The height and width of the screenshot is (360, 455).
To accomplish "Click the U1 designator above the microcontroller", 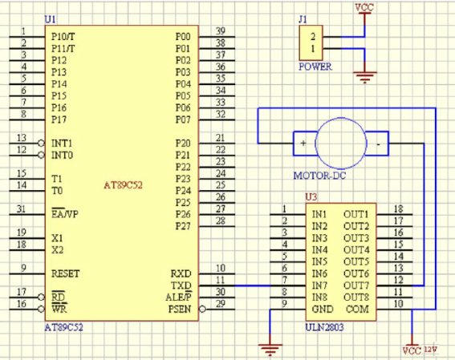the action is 50,19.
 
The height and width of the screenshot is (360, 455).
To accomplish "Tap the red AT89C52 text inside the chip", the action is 124,185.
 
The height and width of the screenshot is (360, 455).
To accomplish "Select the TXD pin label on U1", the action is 181,285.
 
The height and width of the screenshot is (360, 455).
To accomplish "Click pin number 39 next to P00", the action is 221,30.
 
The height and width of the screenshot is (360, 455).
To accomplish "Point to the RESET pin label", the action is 65,273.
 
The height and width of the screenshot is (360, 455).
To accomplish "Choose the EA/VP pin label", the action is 65,214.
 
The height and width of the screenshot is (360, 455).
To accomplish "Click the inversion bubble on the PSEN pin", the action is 202,309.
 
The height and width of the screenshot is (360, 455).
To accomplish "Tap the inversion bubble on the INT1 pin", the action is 41,144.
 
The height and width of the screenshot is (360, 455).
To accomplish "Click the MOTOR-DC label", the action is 319,176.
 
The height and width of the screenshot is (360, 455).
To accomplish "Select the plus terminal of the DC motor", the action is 303,144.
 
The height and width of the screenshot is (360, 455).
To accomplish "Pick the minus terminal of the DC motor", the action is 378,144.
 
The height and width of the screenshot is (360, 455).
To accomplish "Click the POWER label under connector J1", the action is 315,67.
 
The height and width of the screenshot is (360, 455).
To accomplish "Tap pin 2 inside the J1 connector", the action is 313,37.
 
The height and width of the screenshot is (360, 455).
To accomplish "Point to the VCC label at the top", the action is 364,7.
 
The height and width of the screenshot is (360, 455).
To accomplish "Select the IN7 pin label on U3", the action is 319,285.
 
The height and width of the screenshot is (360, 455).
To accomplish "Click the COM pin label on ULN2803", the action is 357,309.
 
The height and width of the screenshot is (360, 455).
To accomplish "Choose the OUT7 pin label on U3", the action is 356,285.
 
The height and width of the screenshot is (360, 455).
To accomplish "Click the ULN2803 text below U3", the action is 324,328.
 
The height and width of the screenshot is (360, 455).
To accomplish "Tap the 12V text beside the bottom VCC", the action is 431,350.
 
